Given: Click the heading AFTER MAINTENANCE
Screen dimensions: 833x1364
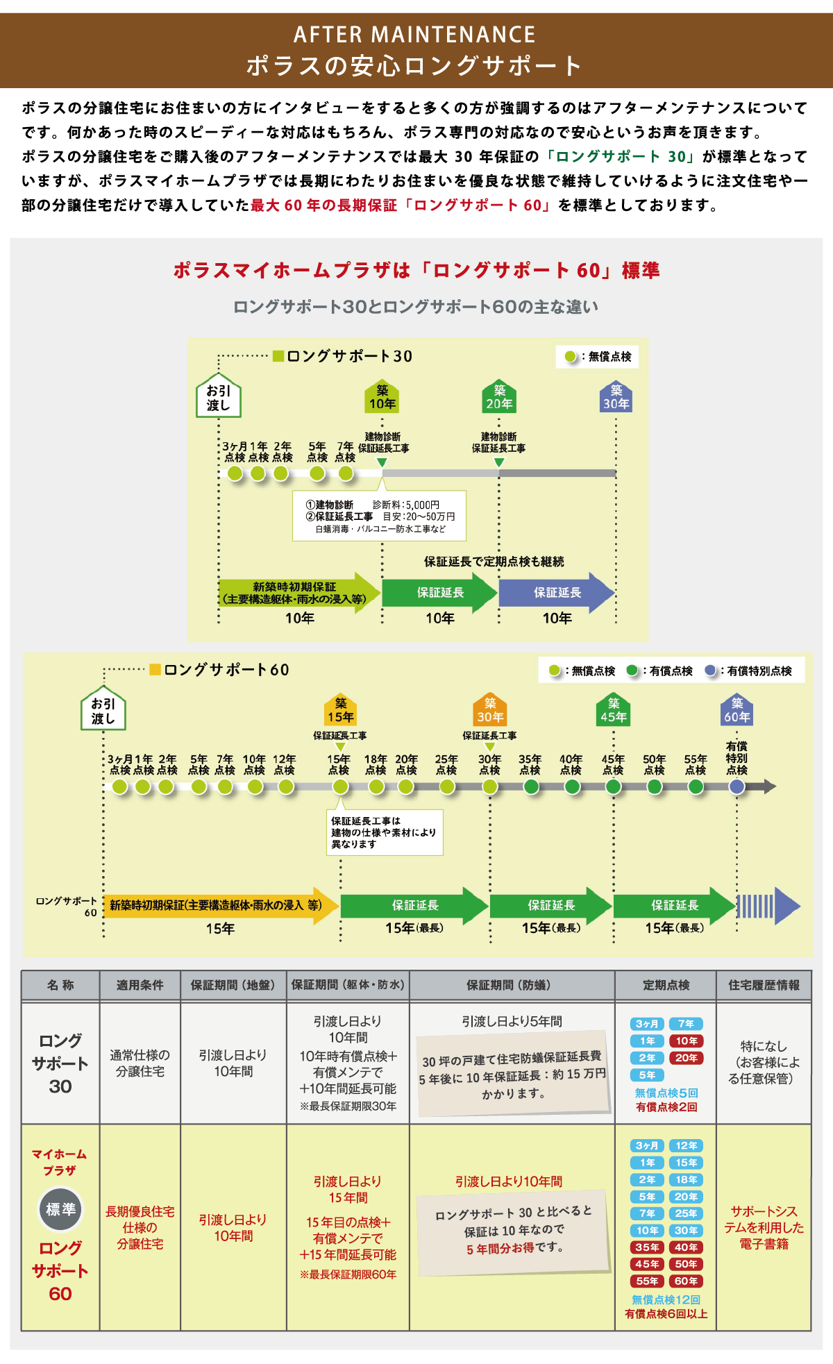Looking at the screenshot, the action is pos(414,34).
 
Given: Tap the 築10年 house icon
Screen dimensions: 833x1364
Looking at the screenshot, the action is pos(382,396).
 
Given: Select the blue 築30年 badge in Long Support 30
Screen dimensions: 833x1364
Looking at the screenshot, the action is pos(616,396).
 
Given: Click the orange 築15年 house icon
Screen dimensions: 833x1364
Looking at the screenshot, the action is pos(340,709).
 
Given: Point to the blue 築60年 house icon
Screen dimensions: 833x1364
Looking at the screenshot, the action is pos(737,709).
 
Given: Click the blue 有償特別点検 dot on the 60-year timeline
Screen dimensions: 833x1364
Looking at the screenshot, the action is pos(737,786).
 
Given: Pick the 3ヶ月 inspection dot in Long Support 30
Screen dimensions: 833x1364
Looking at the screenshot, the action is pos(235,473).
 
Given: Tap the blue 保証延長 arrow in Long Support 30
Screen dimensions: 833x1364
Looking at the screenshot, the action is pos(557,593).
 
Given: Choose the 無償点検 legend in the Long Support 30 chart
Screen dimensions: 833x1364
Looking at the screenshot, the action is pos(598,356).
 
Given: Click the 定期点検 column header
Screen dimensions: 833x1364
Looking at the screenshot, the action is pos(666,985).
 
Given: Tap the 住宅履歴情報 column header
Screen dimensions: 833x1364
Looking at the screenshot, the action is pos(764,985).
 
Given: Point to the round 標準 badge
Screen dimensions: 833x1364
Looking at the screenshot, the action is pos(60,1209).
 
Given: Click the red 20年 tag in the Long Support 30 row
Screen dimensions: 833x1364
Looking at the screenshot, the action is pos(686,1058).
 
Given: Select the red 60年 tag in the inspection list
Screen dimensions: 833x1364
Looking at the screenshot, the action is pos(686,1281).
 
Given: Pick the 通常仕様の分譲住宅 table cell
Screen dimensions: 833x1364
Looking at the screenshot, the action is pos(140,1063).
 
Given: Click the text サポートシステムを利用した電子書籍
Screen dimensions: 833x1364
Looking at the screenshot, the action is pos(764,1227).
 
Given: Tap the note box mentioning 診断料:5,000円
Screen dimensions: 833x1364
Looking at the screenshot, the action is pos(379,516).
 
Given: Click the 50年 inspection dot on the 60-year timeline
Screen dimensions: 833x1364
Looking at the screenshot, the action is pos(654,786).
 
